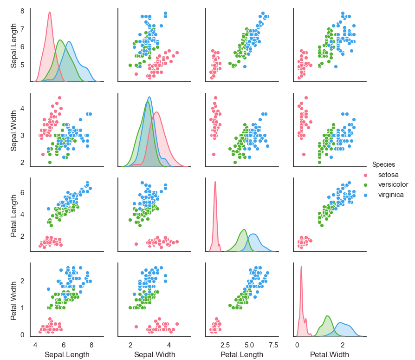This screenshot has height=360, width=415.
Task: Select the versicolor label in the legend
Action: (x=393, y=184)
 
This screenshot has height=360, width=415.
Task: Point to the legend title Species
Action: (x=383, y=164)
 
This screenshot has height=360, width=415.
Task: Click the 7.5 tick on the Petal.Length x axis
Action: (x=273, y=345)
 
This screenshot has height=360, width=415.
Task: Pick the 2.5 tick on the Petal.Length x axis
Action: (x=225, y=345)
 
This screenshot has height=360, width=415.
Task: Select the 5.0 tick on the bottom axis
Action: (x=249, y=345)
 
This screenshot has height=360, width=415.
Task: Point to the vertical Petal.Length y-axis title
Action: (x=14, y=214)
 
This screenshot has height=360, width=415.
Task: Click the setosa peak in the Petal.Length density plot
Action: (x=215, y=182)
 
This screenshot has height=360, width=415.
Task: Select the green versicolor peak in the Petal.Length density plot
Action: (x=244, y=229)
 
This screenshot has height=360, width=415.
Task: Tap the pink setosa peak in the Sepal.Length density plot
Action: (x=49, y=12)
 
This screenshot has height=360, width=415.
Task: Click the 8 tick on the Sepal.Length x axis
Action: (x=91, y=345)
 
